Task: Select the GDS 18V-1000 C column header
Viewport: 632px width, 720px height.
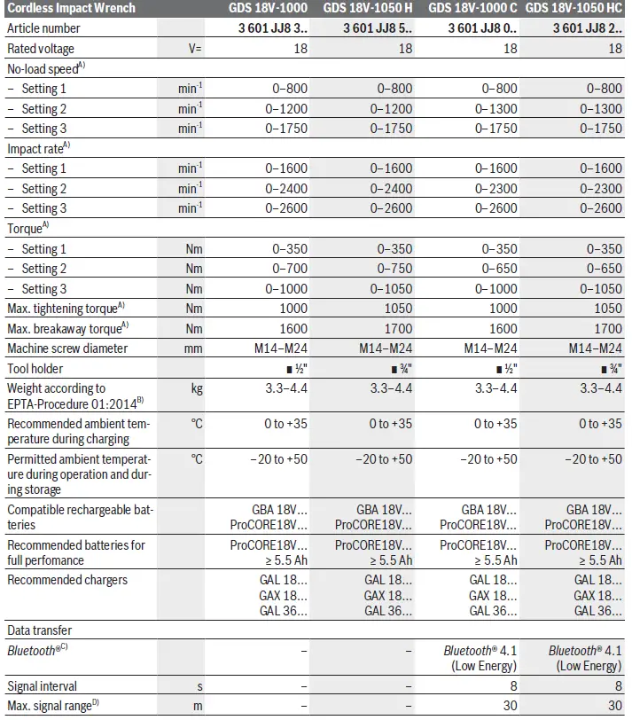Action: [x=473, y=8]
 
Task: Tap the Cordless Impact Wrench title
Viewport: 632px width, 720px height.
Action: [x=72, y=8]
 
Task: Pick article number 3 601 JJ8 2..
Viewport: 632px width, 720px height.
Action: [x=586, y=28]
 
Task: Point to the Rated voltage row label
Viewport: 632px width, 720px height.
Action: [x=41, y=48]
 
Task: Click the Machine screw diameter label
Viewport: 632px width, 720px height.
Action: [x=67, y=348]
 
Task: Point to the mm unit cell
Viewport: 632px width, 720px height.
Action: [x=193, y=348]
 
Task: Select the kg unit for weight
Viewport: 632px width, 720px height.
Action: [x=196, y=388]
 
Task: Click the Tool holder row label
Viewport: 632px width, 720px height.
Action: [x=35, y=369]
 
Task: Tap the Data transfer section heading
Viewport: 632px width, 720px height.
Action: [x=40, y=630]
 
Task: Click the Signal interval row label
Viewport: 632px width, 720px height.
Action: [x=42, y=686]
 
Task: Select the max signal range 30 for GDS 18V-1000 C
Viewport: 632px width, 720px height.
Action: [x=510, y=706]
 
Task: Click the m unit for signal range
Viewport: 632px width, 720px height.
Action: [x=198, y=706]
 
